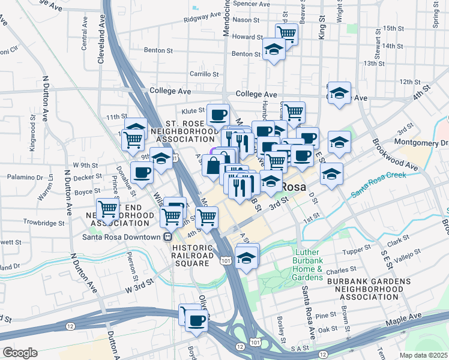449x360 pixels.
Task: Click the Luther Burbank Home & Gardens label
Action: click(309, 265)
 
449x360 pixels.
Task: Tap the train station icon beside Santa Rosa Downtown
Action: click(167, 236)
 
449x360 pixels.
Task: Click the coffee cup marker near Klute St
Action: click(218, 113)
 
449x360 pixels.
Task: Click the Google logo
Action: click(20, 352)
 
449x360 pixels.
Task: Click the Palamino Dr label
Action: click(24, 178)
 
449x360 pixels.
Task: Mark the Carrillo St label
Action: click(203, 75)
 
